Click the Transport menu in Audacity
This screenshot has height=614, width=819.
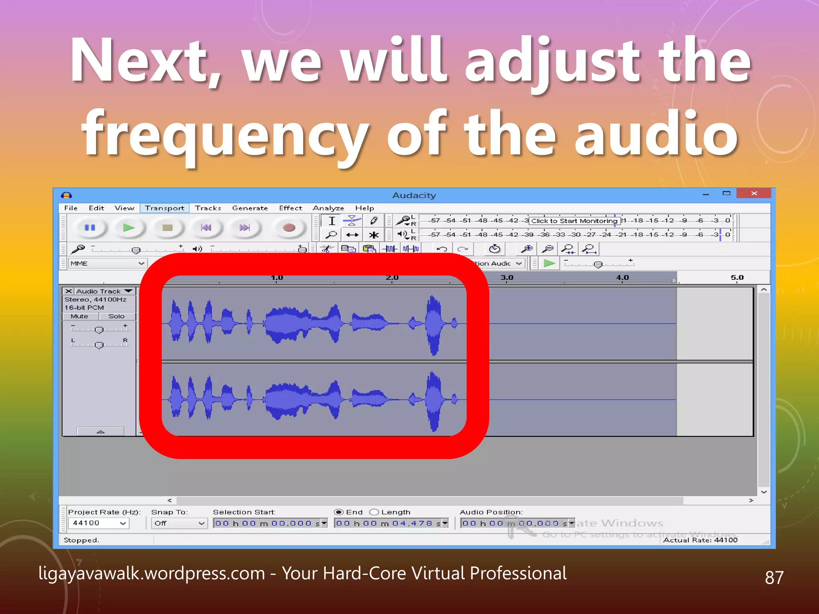164,208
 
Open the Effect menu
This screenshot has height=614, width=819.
290,208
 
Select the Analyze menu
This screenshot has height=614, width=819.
328,208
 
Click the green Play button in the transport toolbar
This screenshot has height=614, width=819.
129,228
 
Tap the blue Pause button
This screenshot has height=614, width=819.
90,228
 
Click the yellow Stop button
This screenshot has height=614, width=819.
167,228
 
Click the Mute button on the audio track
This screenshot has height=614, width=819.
80,316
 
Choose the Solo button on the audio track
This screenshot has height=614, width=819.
116,316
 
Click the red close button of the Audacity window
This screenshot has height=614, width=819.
753,193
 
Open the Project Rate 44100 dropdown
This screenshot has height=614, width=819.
98,523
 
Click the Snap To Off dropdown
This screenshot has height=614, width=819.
179,523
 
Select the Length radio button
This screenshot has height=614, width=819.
374,512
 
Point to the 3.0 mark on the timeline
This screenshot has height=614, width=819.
507,277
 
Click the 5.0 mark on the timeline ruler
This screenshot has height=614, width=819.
737,277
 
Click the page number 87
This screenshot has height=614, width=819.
774,577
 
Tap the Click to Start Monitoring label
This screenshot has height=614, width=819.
574,221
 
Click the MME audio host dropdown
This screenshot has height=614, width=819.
107,263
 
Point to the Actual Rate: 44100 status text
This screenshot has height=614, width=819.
700,540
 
